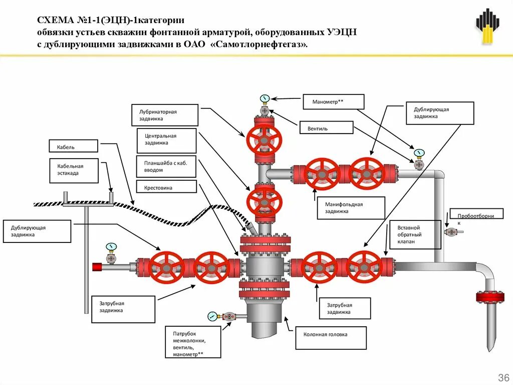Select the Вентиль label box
coord(326,129)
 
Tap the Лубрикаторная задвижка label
coord(165,115)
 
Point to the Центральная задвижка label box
coord(166,140)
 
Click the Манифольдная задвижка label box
coord(351,208)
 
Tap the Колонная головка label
coord(331,338)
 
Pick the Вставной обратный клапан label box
coord(415,234)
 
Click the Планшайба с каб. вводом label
coord(166,166)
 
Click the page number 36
coord(502,377)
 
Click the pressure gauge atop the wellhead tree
coord(264,98)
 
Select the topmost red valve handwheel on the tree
coord(264,139)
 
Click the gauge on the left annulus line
coord(111,246)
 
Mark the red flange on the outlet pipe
coord(490,297)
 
